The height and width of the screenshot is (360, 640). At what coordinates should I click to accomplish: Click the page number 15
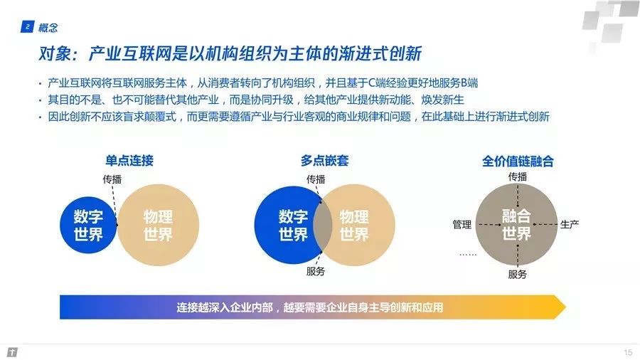pos(627,352)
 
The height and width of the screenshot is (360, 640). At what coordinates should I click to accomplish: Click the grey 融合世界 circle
pos(516,224)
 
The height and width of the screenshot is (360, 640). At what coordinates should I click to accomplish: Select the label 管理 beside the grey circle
pos(462,225)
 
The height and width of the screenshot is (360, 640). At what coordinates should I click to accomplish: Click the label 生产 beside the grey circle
pos(570,225)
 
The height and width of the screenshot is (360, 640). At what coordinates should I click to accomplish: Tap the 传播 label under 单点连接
pos(113,179)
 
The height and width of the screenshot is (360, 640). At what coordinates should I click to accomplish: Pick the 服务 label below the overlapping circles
pos(316,271)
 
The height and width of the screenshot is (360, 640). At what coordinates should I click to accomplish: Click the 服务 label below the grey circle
pos(517,274)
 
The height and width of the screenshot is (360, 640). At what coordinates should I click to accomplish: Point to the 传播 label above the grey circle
pos(517,176)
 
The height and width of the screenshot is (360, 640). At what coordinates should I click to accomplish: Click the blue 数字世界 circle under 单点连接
pos(88,225)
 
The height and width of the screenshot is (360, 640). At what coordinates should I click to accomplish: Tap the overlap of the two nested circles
pos(323,225)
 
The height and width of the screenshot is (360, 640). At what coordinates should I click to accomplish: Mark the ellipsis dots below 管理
pos(467,253)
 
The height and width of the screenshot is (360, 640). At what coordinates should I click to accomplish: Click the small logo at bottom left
pos(12,352)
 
